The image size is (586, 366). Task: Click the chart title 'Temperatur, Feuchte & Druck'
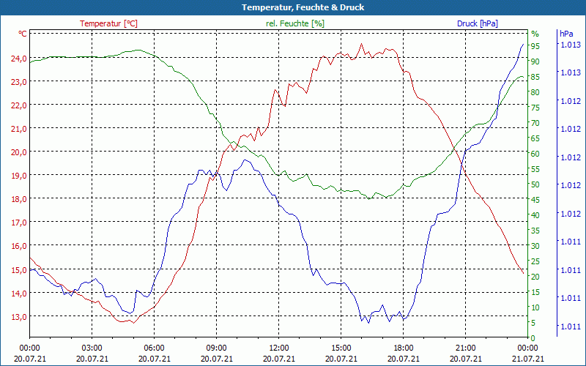click(x=303, y=7)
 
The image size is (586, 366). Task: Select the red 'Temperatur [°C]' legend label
click(x=108, y=23)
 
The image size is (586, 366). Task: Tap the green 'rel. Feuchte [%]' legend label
click(x=294, y=23)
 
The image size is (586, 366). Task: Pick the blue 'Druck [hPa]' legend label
click(x=477, y=23)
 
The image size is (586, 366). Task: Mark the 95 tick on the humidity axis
click(x=535, y=46)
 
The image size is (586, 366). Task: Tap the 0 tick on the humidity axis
click(x=533, y=337)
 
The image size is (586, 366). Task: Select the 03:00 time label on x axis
click(x=92, y=348)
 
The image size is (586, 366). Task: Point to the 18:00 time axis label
click(x=403, y=348)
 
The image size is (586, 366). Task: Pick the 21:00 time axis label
click(x=465, y=348)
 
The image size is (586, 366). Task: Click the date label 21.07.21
click(x=527, y=359)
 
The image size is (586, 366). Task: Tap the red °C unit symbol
click(x=23, y=34)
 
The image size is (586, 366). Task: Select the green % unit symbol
click(x=535, y=34)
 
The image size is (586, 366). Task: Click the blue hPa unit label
click(x=566, y=34)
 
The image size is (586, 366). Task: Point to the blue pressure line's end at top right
click(x=523, y=44)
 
